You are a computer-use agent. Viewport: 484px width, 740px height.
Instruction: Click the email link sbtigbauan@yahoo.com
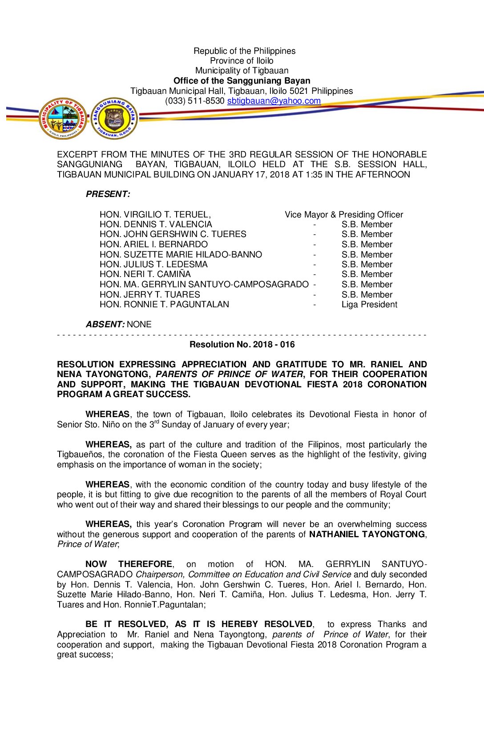(x=274, y=101)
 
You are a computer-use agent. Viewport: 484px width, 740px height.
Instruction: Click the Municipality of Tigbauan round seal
(x=63, y=118)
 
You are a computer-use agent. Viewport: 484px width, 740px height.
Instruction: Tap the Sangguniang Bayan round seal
(x=114, y=118)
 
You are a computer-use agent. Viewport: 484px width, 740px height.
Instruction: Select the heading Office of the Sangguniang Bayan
(x=242, y=81)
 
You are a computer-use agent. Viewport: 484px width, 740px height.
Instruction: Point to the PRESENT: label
(x=108, y=194)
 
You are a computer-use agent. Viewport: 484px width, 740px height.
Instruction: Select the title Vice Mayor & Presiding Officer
(x=344, y=215)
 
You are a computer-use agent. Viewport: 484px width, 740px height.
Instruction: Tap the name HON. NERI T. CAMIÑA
(x=145, y=274)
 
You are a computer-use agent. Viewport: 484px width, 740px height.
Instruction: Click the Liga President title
(x=369, y=305)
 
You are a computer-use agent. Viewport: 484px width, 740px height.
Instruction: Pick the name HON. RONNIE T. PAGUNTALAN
(x=164, y=305)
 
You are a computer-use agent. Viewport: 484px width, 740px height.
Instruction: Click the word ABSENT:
(x=105, y=325)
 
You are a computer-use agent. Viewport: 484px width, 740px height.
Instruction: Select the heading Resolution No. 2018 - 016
(x=242, y=345)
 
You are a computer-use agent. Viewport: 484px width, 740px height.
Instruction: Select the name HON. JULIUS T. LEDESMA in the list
(x=153, y=265)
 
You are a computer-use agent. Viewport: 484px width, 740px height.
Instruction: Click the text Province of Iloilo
(x=242, y=61)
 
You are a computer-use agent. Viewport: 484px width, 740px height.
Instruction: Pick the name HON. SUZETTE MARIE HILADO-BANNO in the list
(x=181, y=255)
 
